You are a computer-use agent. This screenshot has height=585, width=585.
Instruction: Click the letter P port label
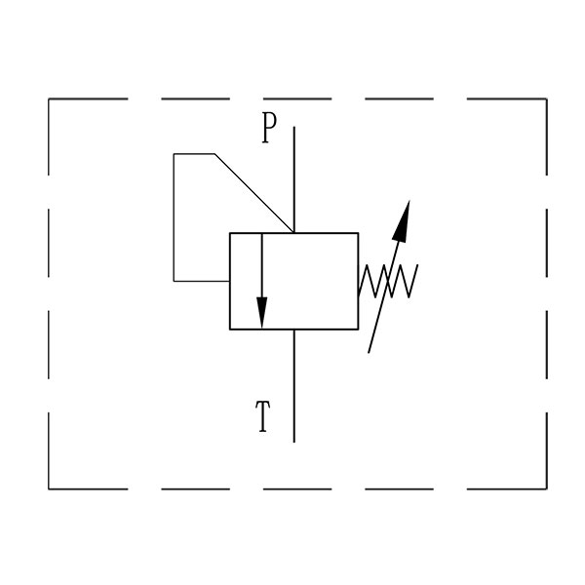pyautogui.click(x=269, y=128)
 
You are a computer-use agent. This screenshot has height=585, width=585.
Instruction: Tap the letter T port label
pyautogui.click(x=263, y=416)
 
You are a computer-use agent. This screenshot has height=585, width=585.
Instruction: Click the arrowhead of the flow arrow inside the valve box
pyautogui.click(x=262, y=312)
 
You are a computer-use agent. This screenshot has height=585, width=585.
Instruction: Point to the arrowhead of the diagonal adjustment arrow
pyautogui.click(x=402, y=220)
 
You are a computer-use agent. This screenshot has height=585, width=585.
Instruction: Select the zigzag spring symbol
pyautogui.click(x=388, y=281)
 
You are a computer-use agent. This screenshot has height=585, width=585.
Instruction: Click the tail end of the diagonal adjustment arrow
pyautogui.click(x=369, y=353)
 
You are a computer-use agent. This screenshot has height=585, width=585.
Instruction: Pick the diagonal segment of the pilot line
pyautogui.click(x=253, y=193)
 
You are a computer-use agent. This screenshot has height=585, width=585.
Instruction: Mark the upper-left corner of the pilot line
pyautogui.click(x=174, y=154)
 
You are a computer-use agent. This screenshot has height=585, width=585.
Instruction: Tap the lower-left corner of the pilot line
pyautogui.click(x=174, y=281)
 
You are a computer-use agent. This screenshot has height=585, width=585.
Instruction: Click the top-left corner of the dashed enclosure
pyautogui.click(x=49, y=98)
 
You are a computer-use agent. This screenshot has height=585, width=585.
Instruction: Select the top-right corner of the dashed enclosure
pyautogui.click(x=547, y=98)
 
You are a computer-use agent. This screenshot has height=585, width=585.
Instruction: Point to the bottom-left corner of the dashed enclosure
pyautogui.click(x=49, y=488)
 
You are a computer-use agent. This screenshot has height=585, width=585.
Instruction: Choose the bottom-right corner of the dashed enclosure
pyautogui.click(x=547, y=488)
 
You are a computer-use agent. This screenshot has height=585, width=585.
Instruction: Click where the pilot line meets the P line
pyautogui.click(x=294, y=233)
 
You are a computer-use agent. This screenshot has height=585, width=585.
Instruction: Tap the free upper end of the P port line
pyautogui.click(x=294, y=127)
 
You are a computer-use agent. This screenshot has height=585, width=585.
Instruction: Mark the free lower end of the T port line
pyautogui.click(x=294, y=443)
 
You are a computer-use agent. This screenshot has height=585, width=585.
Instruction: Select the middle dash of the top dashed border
pyautogui.click(x=297, y=98)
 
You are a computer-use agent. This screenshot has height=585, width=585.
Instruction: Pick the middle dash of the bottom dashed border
pyautogui.click(x=297, y=488)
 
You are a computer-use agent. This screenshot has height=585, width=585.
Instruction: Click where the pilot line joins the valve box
pyautogui.click(x=230, y=281)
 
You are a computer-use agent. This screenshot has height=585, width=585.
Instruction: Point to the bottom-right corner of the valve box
pyautogui.click(x=358, y=330)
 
